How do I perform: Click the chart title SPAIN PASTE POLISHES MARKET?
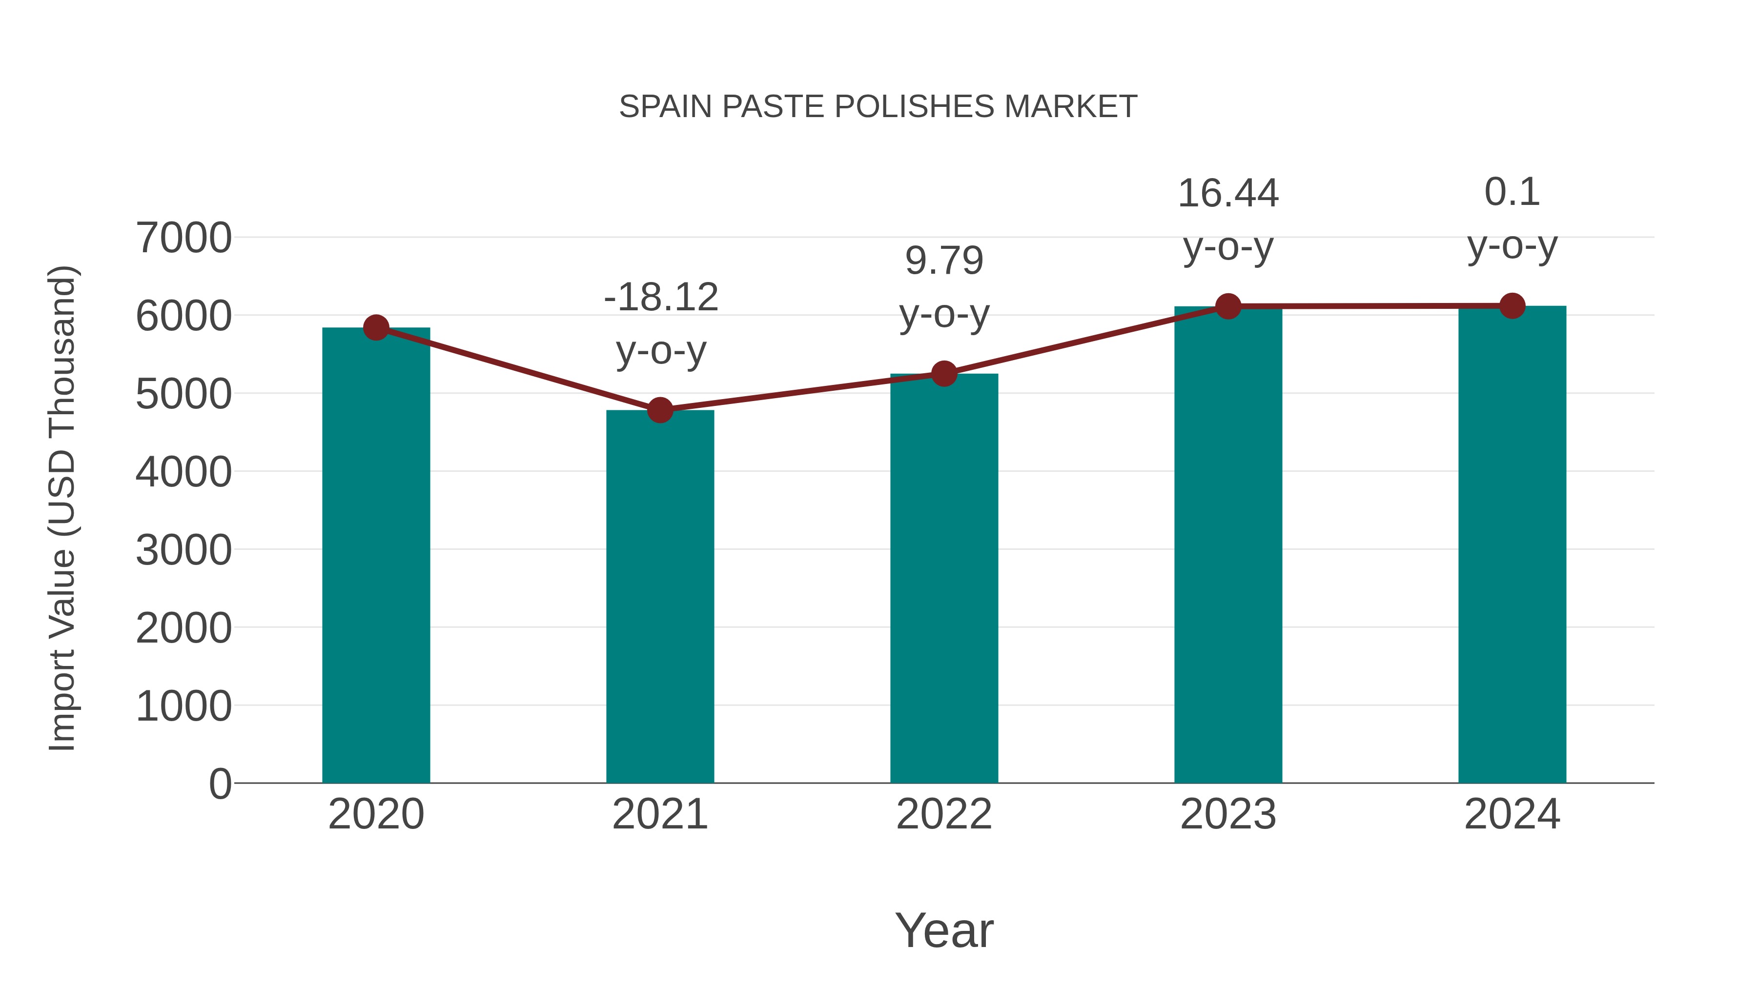[x=878, y=107]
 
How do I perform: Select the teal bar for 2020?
[x=376, y=555]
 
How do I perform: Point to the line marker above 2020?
[x=376, y=328]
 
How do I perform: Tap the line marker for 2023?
[x=1228, y=307]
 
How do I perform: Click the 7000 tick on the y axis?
[x=184, y=239]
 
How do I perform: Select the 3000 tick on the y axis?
[x=184, y=550]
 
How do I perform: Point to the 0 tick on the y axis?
[x=220, y=784]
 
